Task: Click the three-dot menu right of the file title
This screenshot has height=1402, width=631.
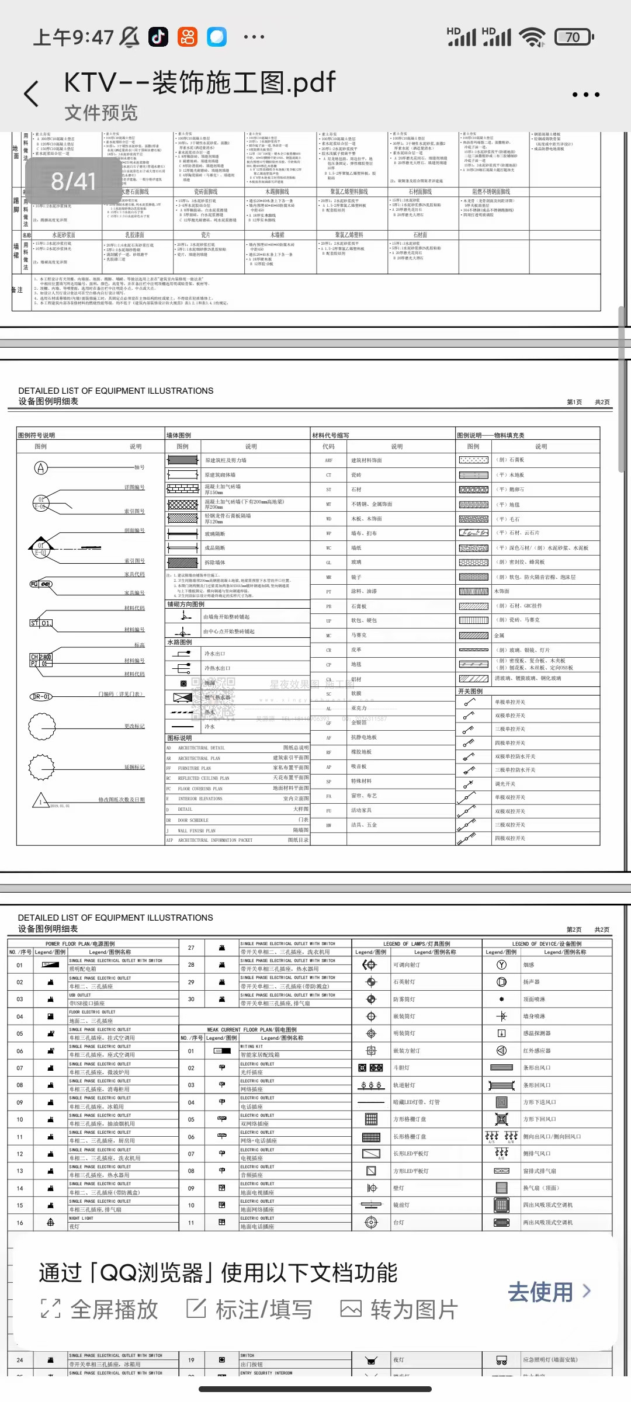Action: (585, 95)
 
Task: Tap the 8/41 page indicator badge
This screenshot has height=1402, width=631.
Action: (73, 181)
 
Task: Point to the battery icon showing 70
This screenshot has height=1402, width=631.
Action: (574, 37)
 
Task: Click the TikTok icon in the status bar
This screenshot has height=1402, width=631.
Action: (158, 37)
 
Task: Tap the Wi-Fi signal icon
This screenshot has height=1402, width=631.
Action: (532, 37)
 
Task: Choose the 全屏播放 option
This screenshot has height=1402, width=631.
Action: (100, 1310)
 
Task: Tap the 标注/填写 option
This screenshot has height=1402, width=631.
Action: (249, 1310)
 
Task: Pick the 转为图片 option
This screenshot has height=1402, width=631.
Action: (399, 1310)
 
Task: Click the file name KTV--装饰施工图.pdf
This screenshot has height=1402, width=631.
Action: (200, 82)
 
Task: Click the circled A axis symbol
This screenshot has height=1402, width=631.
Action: (41, 467)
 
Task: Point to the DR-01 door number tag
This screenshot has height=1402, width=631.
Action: (41, 696)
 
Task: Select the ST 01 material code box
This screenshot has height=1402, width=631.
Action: (41, 623)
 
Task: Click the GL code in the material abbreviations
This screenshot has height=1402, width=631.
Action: (328, 563)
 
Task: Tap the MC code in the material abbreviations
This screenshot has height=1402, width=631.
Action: (328, 636)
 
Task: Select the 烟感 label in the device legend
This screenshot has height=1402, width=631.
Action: (529, 965)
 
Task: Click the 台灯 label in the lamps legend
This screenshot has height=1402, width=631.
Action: (398, 1222)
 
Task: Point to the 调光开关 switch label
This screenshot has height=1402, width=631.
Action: (505, 784)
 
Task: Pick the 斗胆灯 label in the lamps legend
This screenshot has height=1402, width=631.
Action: (400, 1068)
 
